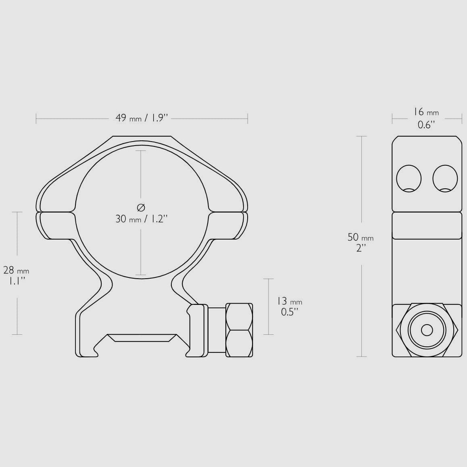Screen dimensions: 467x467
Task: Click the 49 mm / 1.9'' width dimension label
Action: pos(142,118)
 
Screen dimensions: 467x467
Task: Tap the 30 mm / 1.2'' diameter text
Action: pos(142,219)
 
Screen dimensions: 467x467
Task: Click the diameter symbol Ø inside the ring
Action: pos(141,207)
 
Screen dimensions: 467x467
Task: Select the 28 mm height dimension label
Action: pos(16,271)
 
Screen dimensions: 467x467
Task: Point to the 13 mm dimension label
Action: pos(288,301)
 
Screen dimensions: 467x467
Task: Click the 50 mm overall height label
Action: pos(361,238)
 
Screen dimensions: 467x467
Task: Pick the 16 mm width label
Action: pos(426,112)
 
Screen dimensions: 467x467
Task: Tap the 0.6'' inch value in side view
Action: pos(426,125)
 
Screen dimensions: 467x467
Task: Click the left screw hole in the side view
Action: pos(409,178)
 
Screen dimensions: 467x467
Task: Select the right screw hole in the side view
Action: pos(445,178)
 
